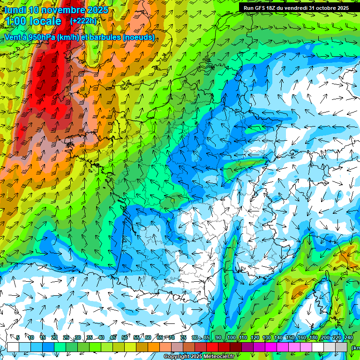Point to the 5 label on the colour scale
[18, 337]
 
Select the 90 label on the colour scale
[218, 337]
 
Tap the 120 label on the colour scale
[255, 337]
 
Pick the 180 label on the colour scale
[314, 337]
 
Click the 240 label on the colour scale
[349, 337]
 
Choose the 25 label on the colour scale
[66, 337]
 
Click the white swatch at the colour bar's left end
[13, 347]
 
